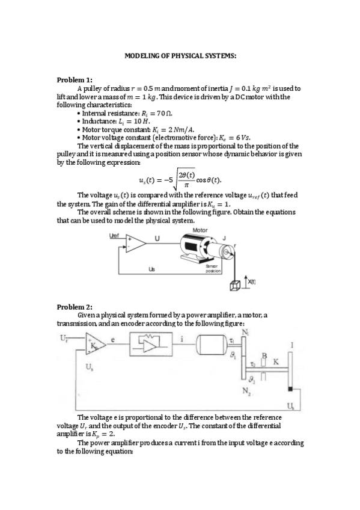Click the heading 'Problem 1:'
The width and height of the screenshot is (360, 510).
click(x=75, y=80)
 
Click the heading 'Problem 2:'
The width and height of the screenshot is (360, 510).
click(x=75, y=307)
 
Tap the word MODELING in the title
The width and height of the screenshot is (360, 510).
click(x=141, y=56)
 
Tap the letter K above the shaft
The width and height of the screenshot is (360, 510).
click(x=276, y=362)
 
